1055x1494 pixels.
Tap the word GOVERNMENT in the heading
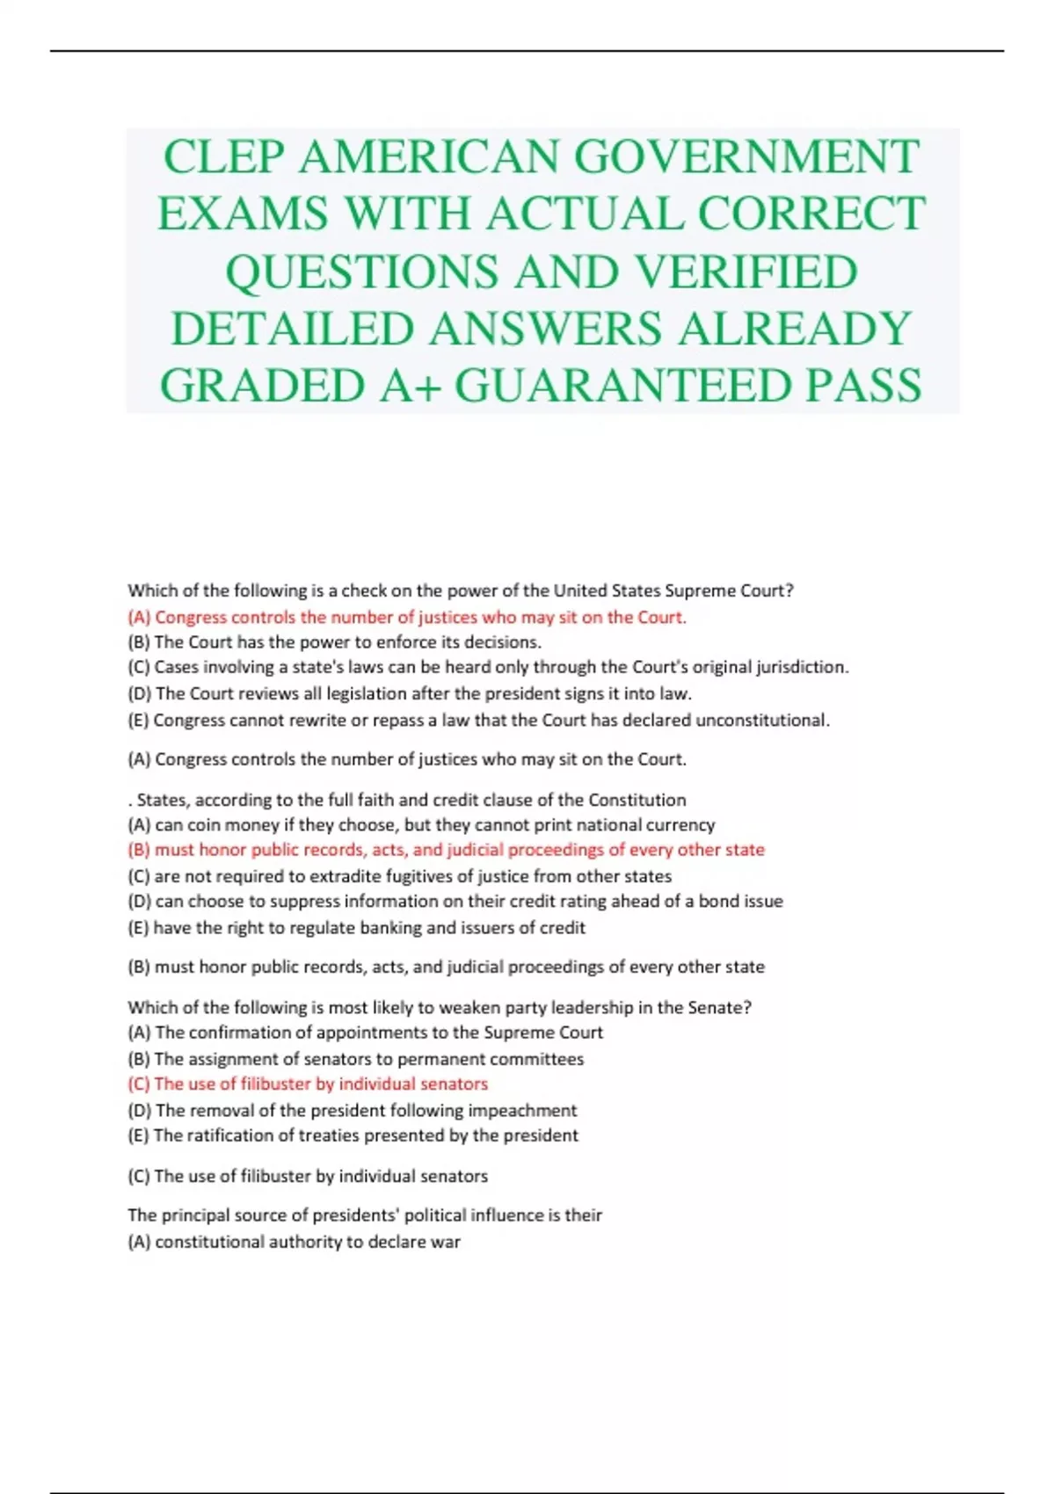pyautogui.click(x=746, y=157)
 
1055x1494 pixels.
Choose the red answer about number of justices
pyautogui.click(x=407, y=617)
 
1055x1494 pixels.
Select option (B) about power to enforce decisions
pyautogui.click(x=334, y=642)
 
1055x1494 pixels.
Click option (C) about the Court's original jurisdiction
pyautogui.click(x=488, y=667)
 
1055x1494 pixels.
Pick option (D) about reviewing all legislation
pyautogui.click(x=410, y=693)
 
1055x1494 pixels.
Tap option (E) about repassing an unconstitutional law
pyautogui.click(x=478, y=720)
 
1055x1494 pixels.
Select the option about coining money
pyautogui.click(x=421, y=825)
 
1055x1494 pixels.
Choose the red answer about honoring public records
pyautogui.click(x=446, y=850)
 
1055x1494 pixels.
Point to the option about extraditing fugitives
pyautogui.click(x=399, y=876)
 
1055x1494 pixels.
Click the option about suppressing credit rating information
pyautogui.click(x=455, y=901)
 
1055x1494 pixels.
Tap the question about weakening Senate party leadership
pyautogui.click(x=440, y=1007)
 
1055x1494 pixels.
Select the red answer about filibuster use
pyautogui.click(x=308, y=1084)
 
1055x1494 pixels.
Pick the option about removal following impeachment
pyautogui.click(x=352, y=1110)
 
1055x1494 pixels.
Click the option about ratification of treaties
pyautogui.click(x=353, y=1135)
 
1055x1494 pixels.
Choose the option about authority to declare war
pyautogui.click(x=294, y=1242)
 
